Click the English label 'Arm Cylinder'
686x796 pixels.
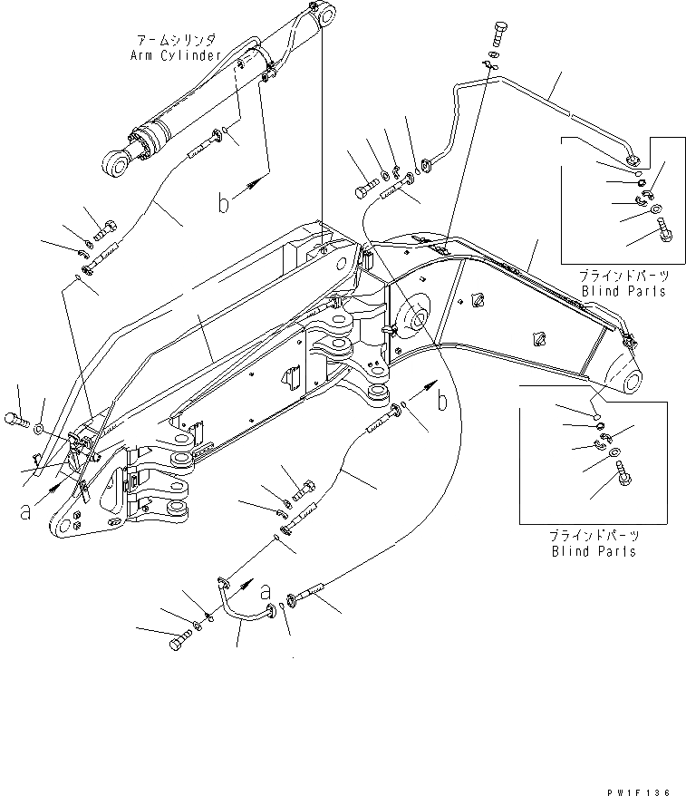[176, 55]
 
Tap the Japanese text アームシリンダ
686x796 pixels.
[176, 42]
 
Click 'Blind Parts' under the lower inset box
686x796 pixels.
[594, 551]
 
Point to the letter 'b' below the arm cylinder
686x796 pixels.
[223, 203]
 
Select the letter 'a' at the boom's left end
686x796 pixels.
[26, 510]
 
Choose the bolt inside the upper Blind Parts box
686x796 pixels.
[661, 232]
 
